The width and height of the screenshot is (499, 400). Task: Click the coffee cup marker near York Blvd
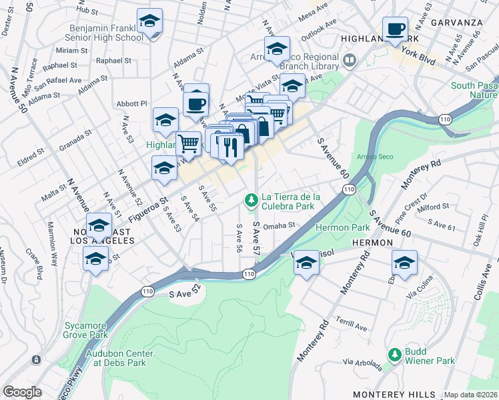coord(396,29)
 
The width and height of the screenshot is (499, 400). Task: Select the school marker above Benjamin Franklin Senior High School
coord(149,21)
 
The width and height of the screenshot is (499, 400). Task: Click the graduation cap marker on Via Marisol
coord(306,263)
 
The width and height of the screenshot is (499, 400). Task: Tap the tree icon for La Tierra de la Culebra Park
coord(251,199)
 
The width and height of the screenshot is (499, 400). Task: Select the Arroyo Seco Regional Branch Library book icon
coord(349,61)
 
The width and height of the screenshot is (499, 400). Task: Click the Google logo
coord(22,391)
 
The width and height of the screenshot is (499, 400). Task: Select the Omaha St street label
coord(279,226)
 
